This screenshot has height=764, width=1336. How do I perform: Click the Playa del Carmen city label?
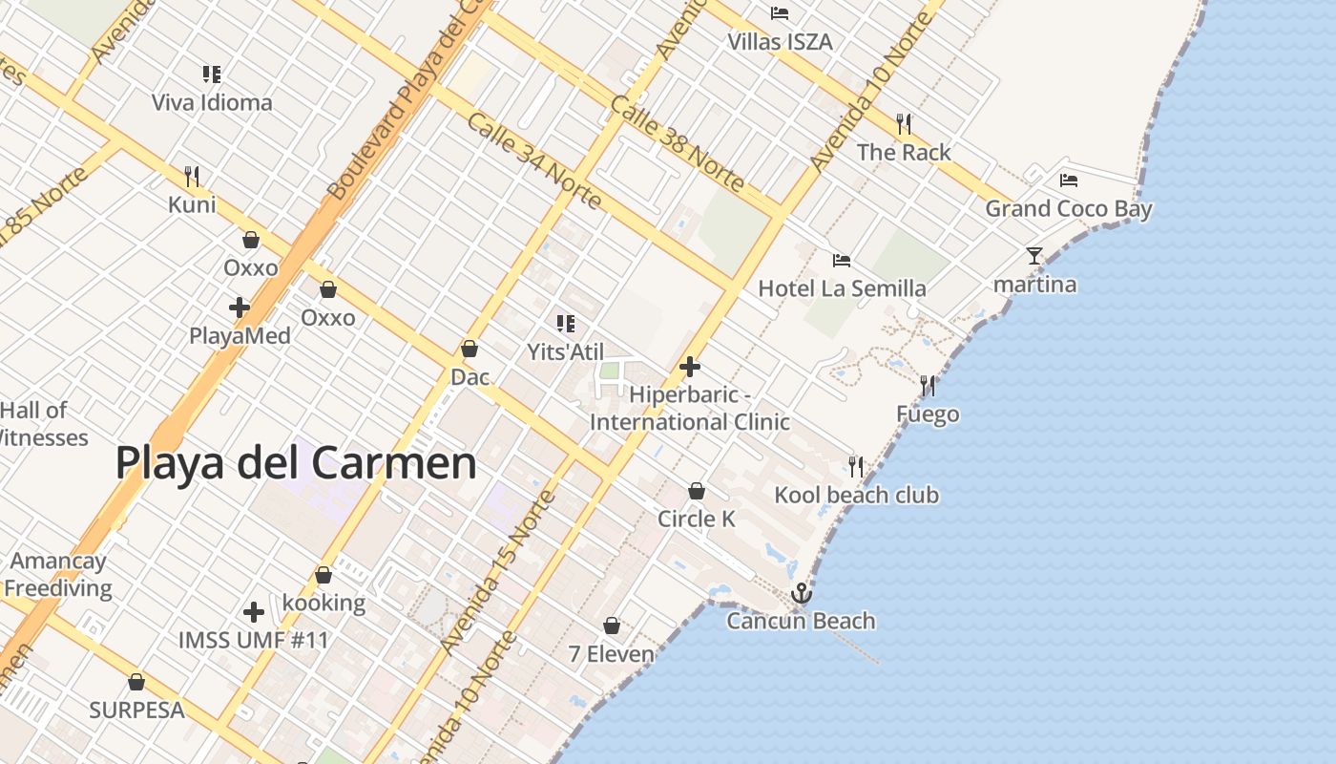(x=296, y=463)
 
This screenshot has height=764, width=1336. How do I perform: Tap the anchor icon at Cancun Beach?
(x=802, y=593)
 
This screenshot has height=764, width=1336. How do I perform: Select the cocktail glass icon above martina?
(x=1034, y=255)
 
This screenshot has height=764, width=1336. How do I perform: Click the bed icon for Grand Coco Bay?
(x=1068, y=180)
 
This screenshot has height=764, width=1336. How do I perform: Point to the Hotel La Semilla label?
(x=842, y=288)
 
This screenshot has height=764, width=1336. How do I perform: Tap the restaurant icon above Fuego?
(x=928, y=386)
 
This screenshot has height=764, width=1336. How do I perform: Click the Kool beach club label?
(x=856, y=495)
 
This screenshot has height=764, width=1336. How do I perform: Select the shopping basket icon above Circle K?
(x=697, y=491)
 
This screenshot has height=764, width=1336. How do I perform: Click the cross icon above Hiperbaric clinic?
(x=689, y=367)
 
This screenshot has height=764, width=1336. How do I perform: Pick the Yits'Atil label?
(x=566, y=352)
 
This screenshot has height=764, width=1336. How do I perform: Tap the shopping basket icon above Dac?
(x=469, y=349)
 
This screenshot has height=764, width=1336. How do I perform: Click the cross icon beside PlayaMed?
(x=240, y=308)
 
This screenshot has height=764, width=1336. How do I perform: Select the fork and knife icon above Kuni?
(x=192, y=176)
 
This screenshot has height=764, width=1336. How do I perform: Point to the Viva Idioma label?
(x=212, y=102)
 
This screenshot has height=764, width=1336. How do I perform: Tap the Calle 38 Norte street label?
(x=677, y=142)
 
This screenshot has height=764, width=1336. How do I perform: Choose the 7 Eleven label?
(x=612, y=654)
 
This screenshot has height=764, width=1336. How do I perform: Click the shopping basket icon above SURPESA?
(x=136, y=682)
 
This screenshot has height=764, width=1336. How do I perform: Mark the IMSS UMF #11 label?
(x=254, y=640)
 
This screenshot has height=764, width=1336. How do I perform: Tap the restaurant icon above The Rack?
(x=904, y=123)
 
